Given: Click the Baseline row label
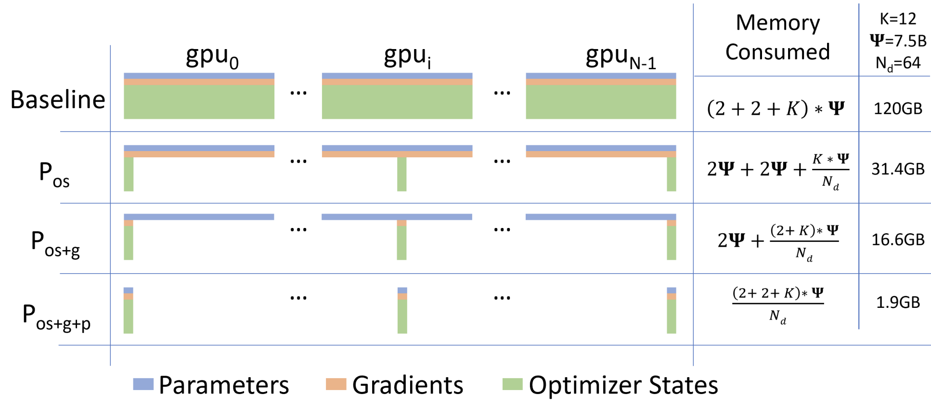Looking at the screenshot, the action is click(x=58, y=100).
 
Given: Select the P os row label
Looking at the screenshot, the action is click(x=54, y=174).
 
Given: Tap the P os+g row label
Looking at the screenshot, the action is click(x=55, y=244).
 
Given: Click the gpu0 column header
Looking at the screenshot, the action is click(x=212, y=57).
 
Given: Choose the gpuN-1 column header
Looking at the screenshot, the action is click(x=621, y=57).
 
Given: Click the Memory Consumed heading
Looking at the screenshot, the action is click(x=777, y=38).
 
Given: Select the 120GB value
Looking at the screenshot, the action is click(x=898, y=109).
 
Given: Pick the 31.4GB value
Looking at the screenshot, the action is click(x=898, y=169).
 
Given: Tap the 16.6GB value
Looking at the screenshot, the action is click(x=898, y=240).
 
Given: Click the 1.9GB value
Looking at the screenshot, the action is click(x=898, y=302).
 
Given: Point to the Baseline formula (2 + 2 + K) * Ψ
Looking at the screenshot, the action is click(x=776, y=108).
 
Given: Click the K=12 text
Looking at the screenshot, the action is click(x=898, y=19).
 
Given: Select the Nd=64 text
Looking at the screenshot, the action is click(x=898, y=63).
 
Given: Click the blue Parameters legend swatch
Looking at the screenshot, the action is click(x=143, y=384).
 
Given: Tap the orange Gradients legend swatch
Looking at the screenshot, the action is click(x=336, y=384).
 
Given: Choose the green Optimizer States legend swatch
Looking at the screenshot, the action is click(x=513, y=384).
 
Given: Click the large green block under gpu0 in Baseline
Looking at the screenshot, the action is click(x=199, y=102).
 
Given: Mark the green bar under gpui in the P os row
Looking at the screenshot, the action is click(x=402, y=174).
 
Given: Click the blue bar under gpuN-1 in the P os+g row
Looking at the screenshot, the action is click(x=601, y=217).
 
